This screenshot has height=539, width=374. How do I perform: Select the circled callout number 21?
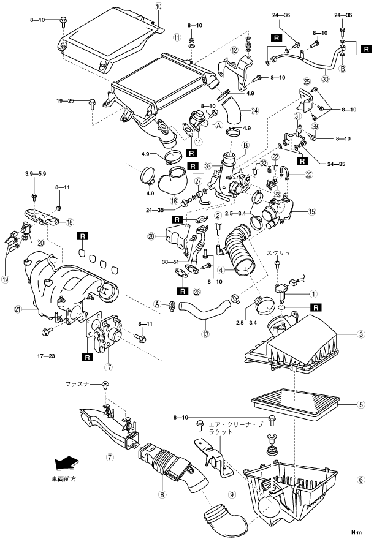(18, 310)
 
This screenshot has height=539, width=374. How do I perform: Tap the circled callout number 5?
(362, 404)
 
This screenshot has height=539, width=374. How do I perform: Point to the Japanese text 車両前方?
(67, 477)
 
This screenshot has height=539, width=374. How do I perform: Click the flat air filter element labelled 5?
(294, 405)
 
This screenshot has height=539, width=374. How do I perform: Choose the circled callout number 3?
(362, 334)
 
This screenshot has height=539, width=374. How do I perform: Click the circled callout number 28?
(151, 235)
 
